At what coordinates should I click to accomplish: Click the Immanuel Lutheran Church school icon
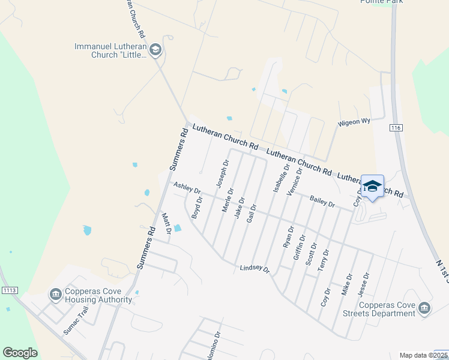155,50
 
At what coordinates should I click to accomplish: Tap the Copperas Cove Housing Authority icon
55,295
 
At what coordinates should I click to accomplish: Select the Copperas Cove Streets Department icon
424,308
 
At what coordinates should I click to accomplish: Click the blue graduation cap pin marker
372,187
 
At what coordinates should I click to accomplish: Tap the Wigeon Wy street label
354,122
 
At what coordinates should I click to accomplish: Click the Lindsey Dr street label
255,269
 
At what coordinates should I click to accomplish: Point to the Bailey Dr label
322,202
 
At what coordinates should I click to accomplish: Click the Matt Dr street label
167,223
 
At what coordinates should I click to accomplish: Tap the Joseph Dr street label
223,172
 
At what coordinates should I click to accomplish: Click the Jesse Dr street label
363,284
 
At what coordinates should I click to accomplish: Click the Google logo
20,353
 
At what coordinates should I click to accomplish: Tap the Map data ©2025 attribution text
423,355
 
